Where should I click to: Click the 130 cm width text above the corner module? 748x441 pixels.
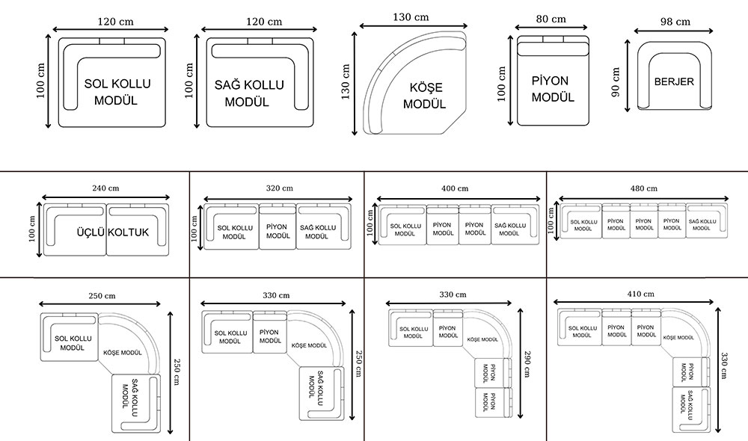pos(412,16)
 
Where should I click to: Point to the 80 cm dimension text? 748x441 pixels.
pos(551,19)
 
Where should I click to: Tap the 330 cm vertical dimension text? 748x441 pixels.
pos(724,367)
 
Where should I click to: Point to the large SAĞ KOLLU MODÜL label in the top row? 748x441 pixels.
pos(249,93)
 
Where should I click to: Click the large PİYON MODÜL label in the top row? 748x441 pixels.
pos(552,89)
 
